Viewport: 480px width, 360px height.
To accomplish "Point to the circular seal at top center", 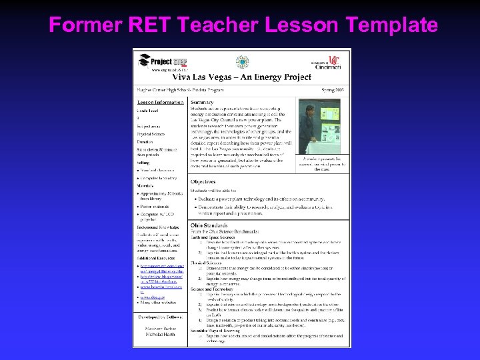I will [242, 62].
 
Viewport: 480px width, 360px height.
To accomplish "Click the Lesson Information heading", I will [161, 102].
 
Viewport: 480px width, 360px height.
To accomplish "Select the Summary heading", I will [202, 102].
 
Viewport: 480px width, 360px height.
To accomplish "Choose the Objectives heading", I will [203, 181].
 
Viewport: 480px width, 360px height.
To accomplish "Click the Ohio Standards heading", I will [210, 225].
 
